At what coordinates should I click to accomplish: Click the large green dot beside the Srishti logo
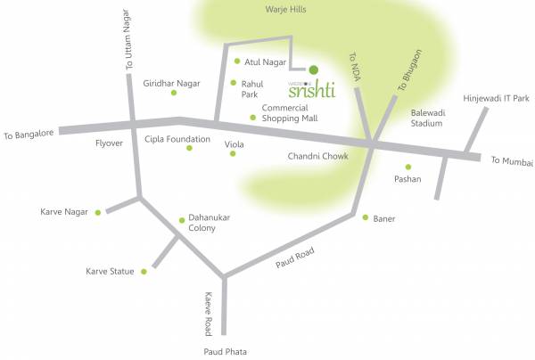313,69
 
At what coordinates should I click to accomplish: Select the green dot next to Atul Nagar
237,61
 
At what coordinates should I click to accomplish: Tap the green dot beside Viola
233,153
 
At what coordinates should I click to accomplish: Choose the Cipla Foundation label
177,139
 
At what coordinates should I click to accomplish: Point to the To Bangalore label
29,135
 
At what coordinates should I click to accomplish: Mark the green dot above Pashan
408,167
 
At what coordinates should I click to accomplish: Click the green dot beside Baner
365,217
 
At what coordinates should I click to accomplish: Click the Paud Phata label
224,351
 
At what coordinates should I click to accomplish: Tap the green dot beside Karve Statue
144,270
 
